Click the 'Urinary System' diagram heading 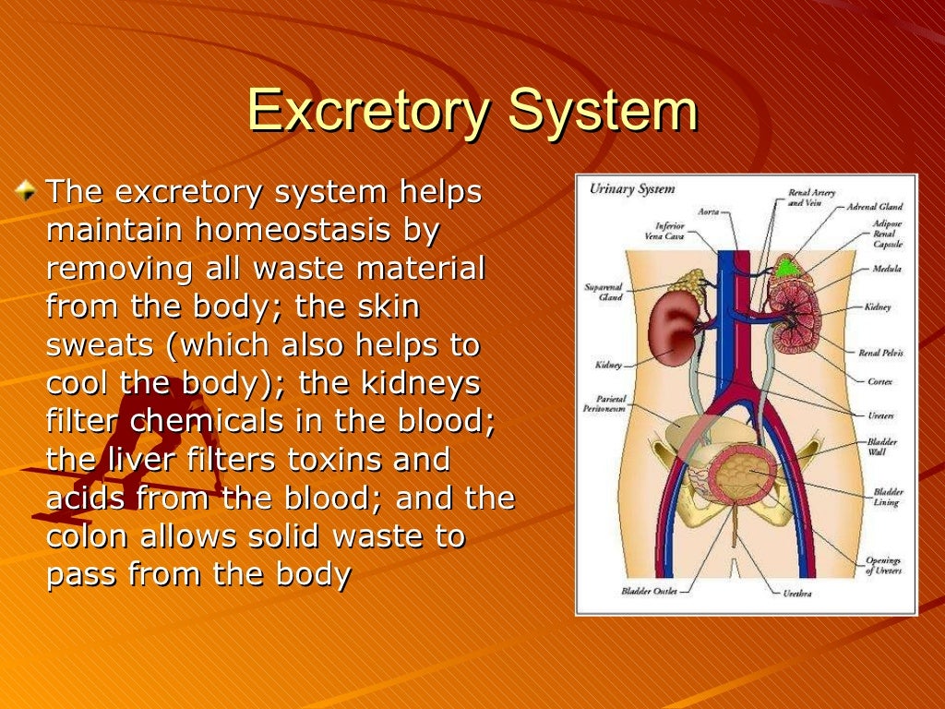pos(632,189)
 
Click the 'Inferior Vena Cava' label pos(669,231)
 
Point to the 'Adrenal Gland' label pos(874,207)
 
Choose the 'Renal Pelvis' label pos(880,353)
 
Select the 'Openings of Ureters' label pos(882,566)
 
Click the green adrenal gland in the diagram pos(785,269)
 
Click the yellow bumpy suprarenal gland pos(687,282)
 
